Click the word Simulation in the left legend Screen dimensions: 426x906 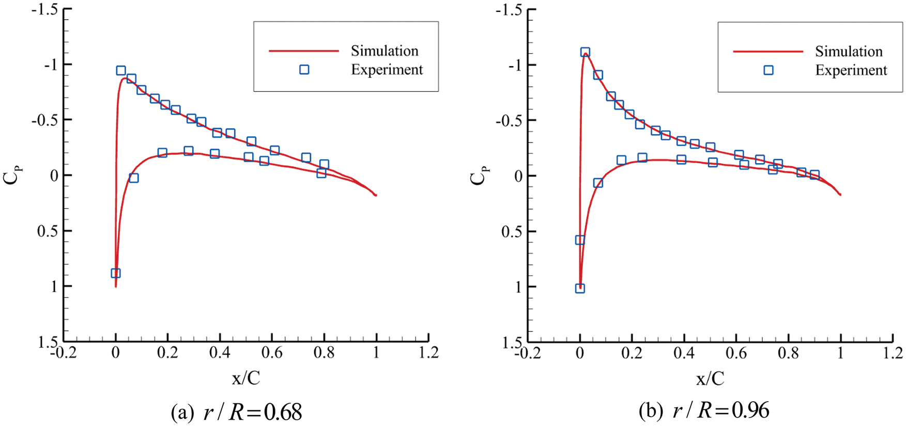click(x=384, y=51)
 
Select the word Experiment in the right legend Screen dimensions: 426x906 click(x=851, y=70)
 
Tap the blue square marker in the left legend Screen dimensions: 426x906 click(x=304, y=69)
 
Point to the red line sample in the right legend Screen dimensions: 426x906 click(x=768, y=52)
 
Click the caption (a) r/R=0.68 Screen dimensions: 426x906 click(x=236, y=412)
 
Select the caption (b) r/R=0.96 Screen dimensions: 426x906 click(x=704, y=411)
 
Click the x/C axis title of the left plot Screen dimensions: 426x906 click(x=245, y=378)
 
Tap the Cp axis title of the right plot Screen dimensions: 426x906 click(x=478, y=175)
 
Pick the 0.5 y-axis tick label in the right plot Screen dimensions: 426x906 click(x=511, y=231)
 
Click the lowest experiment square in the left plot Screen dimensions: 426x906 click(x=116, y=273)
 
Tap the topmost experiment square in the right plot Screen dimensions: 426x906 click(x=585, y=52)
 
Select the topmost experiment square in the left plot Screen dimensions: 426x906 click(x=121, y=70)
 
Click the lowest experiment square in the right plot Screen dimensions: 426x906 click(x=580, y=288)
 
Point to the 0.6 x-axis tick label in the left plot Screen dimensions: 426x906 click(x=272, y=353)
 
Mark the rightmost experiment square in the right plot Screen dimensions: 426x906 click(x=815, y=175)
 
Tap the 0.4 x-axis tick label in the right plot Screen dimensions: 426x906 click(x=684, y=353)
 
